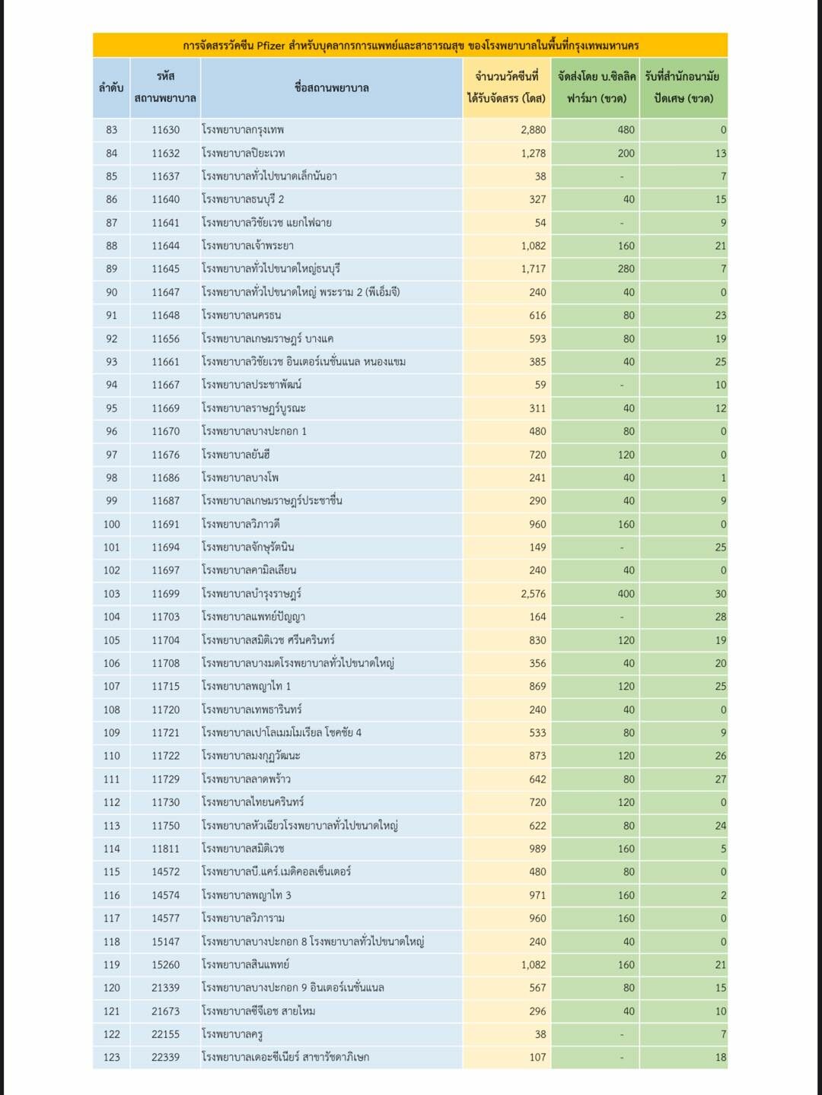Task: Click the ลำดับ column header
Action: tap(111, 87)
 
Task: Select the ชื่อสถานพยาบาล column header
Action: tap(331, 87)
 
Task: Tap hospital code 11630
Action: tap(165, 130)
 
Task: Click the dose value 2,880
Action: tap(533, 130)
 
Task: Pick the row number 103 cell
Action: tap(111, 594)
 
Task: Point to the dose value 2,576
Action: tap(533, 594)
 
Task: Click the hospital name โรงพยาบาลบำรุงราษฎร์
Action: tap(251, 594)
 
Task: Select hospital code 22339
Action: tap(165, 1057)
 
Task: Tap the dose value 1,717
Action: tap(533, 269)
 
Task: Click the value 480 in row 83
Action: tap(626, 130)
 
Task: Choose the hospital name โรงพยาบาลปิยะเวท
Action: tap(244, 153)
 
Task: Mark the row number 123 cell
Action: tap(111, 1057)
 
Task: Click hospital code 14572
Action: tap(165, 871)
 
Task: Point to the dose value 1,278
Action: tap(533, 153)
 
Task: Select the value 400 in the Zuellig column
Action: tap(626, 594)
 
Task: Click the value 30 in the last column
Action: tap(720, 594)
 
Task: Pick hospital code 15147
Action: tap(165, 941)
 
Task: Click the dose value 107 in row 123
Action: tap(537, 1057)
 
